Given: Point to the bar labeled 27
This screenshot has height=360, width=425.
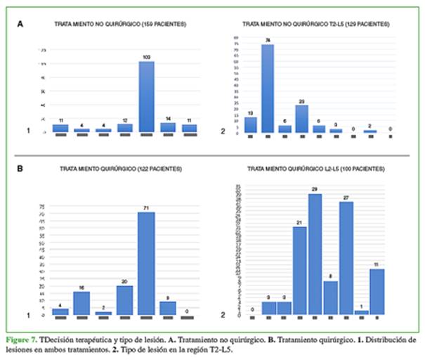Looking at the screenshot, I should pyautogui.click(x=346, y=258).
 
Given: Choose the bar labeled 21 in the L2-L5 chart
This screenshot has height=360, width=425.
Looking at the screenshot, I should pyautogui.click(x=299, y=270).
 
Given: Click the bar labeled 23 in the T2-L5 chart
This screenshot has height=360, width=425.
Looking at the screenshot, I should pyautogui.click(x=301, y=119).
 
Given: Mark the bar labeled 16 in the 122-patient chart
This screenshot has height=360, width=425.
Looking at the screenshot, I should pyautogui.click(x=81, y=302).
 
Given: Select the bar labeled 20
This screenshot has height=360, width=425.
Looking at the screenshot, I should pyautogui.click(x=125, y=300).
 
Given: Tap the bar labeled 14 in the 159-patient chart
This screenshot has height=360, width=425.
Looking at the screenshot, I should pyautogui.click(x=168, y=127).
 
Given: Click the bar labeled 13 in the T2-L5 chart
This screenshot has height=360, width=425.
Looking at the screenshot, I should pyautogui.click(x=250, y=124).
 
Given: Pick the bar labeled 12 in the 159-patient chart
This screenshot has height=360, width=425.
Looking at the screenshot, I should pyautogui.click(x=125, y=128).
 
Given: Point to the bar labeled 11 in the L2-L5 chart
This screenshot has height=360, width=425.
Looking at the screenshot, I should pyautogui.click(x=377, y=292).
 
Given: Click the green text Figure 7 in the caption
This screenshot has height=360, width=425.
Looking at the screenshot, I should pyautogui.click(x=25, y=339).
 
